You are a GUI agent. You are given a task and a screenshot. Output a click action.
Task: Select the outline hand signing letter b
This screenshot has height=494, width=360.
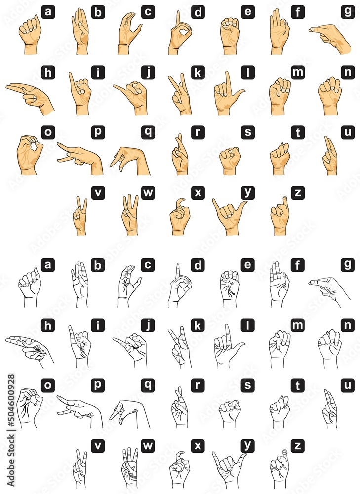(x=80, y=286)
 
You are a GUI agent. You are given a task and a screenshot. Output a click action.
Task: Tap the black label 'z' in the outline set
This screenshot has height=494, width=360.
(x=297, y=445)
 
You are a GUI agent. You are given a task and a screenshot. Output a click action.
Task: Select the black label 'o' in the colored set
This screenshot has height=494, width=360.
(x=48, y=132)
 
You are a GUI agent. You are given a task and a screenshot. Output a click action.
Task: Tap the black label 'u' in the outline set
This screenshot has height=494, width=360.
(x=348, y=385)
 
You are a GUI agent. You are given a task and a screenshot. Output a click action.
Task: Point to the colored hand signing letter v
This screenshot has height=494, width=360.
(x=80, y=217)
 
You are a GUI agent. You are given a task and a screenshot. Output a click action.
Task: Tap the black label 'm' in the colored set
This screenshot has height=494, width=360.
(x=298, y=72)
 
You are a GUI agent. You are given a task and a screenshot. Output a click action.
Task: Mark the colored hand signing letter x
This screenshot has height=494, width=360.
(x=180, y=217)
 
